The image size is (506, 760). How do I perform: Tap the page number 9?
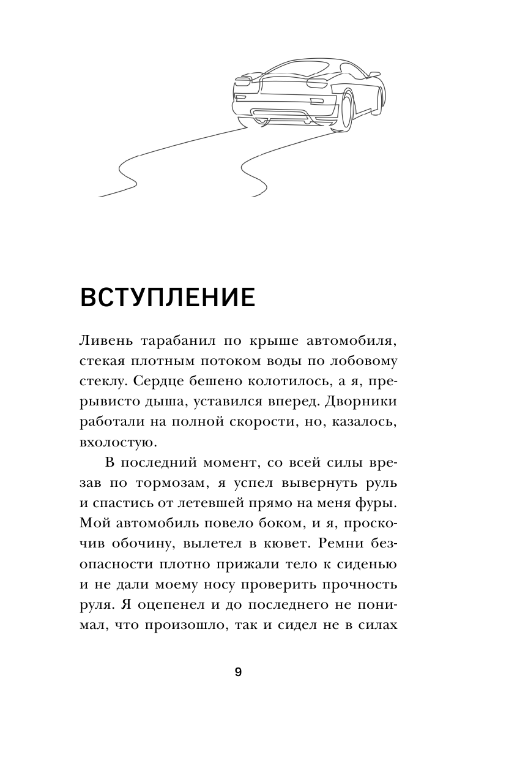click(238, 672)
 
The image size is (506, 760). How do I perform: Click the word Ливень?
click(105, 340)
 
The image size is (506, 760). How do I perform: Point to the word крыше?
click(267, 341)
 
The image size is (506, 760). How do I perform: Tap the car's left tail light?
click(241, 81)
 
